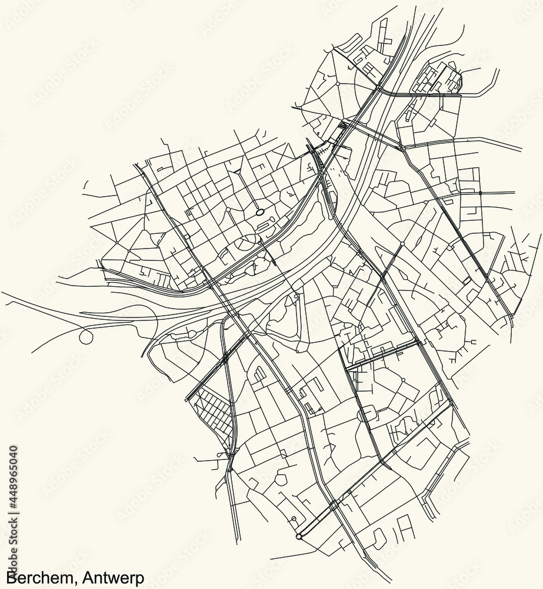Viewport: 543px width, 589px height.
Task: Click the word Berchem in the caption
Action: pos(35,575)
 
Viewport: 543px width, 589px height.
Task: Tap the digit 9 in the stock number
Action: pos(14,482)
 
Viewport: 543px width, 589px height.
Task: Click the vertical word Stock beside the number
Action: pos(14,539)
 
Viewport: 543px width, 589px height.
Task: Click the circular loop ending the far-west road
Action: pos(86,337)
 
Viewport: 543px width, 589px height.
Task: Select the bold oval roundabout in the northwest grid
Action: pos(259,212)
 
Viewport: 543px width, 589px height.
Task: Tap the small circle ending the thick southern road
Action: pos(299,536)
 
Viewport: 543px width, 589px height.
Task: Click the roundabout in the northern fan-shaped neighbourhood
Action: pos(338,84)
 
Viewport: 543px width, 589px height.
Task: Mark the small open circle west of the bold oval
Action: pos(228,210)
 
